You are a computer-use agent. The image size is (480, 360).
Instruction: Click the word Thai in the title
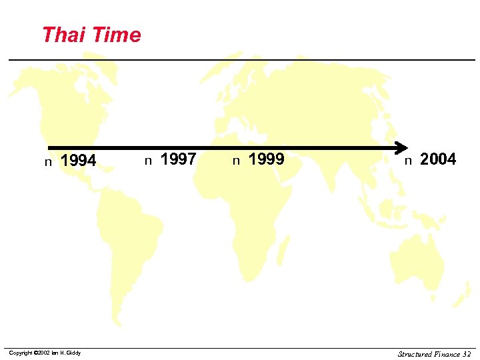pyautogui.click(x=61, y=35)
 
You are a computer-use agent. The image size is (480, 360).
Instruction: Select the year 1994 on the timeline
pyautogui.click(x=78, y=161)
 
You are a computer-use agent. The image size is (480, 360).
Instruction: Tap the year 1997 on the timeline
pyautogui.click(x=178, y=159)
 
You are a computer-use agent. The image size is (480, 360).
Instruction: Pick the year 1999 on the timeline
pyautogui.click(x=266, y=159)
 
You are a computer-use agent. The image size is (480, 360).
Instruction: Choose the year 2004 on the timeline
pyautogui.click(x=438, y=159)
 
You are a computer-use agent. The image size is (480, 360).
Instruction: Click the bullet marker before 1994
pyautogui.click(x=48, y=162)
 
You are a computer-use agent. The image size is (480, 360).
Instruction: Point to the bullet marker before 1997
pyautogui.click(x=149, y=160)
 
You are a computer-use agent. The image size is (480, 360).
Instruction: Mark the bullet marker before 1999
pyautogui.click(x=236, y=160)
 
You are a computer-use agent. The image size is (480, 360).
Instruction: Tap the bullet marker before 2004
pyautogui.click(x=408, y=160)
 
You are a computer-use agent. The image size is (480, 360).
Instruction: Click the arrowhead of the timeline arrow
pyautogui.click(x=402, y=147)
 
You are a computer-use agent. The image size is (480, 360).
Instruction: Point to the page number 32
pyautogui.click(x=467, y=354)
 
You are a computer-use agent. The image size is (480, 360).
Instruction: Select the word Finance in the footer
pyautogui.click(x=447, y=354)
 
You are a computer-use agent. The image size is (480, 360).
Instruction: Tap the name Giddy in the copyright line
pyautogui.click(x=73, y=353)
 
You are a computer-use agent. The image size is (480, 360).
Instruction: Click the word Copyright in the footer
pyautogui.click(x=21, y=353)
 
